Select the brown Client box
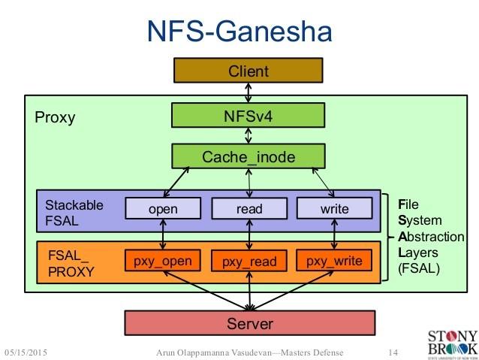(x=249, y=72)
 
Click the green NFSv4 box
(x=249, y=115)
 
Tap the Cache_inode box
(x=249, y=156)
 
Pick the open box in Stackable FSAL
(x=163, y=208)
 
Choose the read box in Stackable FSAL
(x=249, y=208)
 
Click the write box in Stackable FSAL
(x=334, y=208)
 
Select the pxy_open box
(x=163, y=261)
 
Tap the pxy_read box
(x=249, y=262)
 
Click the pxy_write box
(x=334, y=261)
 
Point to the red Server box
(x=250, y=324)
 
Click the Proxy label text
(x=55, y=118)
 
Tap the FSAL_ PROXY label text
(x=70, y=263)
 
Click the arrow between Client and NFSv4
(x=249, y=93)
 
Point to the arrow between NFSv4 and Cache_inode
(x=249, y=135)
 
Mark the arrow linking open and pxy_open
(x=163, y=234)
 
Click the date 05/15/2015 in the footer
(x=30, y=352)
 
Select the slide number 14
(x=392, y=352)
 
